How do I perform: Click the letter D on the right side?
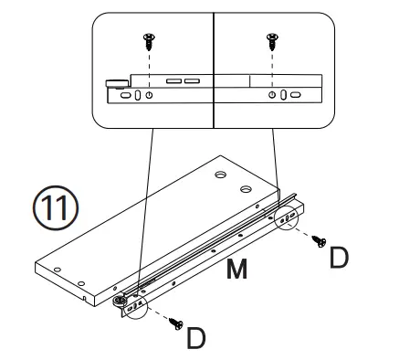click(x=338, y=258)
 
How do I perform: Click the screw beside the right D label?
click(x=320, y=240)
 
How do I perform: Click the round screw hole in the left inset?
click(x=150, y=96)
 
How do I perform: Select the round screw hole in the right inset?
click(x=272, y=96)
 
